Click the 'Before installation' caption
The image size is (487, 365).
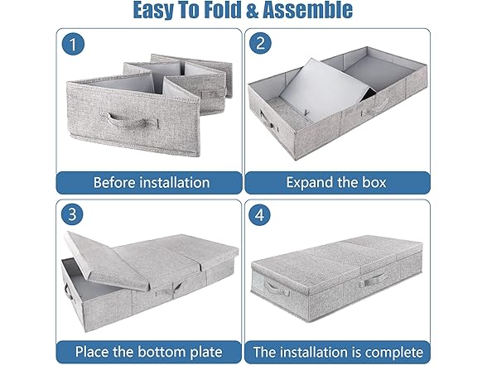click(151, 182)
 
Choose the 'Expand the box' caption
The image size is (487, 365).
click(338, 182)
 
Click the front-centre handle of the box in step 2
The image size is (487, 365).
click(378, 106)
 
